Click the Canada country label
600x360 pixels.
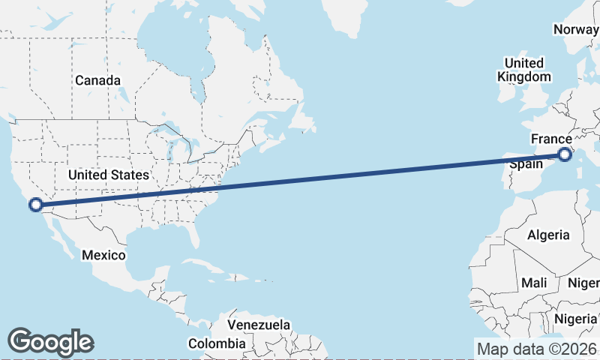click(x=97, y=79)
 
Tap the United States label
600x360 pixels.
click(x=109, y=175)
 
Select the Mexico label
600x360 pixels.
click(x=103, y=255)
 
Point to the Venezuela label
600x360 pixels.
click(x=259, y=325)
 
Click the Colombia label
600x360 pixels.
click(x=217, y=343)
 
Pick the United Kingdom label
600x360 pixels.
click(x=524, y=69)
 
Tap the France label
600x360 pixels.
click(x=551, y=139)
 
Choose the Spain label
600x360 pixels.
click(x=526, y=163)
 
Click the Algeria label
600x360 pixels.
click(x=548, y=235)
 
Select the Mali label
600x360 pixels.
click(x=535, y=283)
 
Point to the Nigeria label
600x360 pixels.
click(x=580, y=319)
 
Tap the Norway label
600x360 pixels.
click(x=576, y=29)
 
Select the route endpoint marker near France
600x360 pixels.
click(x=564, y=155)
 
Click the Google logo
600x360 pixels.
click(x=51, y=341)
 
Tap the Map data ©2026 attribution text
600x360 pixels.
click(x=537, y=349)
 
